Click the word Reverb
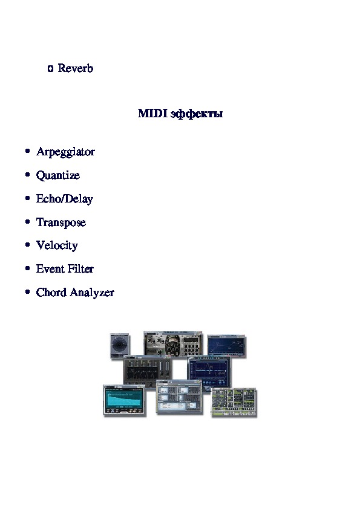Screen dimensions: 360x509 coord(76,68)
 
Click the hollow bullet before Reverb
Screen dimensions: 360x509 coord(50,68)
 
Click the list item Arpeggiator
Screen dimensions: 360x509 coord(65,152)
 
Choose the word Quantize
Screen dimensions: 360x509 coord(58,175)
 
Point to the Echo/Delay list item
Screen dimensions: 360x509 coord(65,199)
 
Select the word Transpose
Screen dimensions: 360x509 coord(61,222)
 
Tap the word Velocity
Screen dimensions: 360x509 coord(57,245)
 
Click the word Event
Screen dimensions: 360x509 coord(50,269)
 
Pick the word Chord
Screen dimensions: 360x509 coord(51,292)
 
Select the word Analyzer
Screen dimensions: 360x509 coord(93,293)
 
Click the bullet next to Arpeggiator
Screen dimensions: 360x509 coord(28,151)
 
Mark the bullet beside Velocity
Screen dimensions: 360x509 coord(28,244)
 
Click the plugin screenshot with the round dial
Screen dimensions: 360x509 coord(120,346)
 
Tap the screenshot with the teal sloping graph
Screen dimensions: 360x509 coord(125,400)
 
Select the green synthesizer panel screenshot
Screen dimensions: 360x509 coord(234,402)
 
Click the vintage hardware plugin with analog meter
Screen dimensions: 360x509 coord(173,344)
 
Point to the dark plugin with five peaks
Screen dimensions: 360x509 coord(148,371)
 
